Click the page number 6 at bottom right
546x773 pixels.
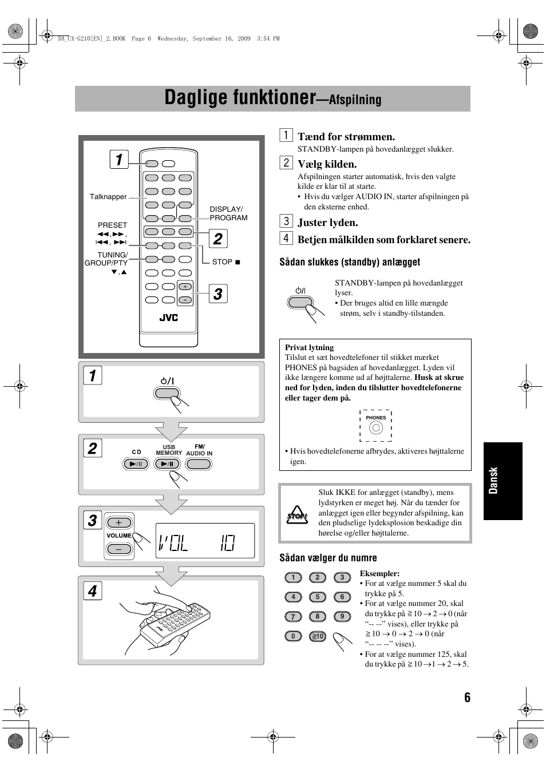(467, 697)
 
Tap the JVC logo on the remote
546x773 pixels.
(168, 318)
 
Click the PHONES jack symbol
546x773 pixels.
(375, 427)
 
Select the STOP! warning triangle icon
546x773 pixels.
(297, 515)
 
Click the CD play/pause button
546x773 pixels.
(136, 464)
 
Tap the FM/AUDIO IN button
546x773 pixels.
(199, 464)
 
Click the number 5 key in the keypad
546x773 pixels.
(317, 597)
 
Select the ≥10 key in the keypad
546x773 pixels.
(317, 636)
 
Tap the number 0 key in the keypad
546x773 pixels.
(293, 636)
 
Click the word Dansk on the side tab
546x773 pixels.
(494, 481)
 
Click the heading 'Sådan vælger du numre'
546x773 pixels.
(328, 558)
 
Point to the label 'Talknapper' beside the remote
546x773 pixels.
(108, 197)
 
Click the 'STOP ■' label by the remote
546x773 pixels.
(226, 262)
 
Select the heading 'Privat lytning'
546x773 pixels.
(309, 347)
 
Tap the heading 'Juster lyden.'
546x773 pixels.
(327, 223)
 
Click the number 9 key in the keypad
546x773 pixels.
(342, 616)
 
